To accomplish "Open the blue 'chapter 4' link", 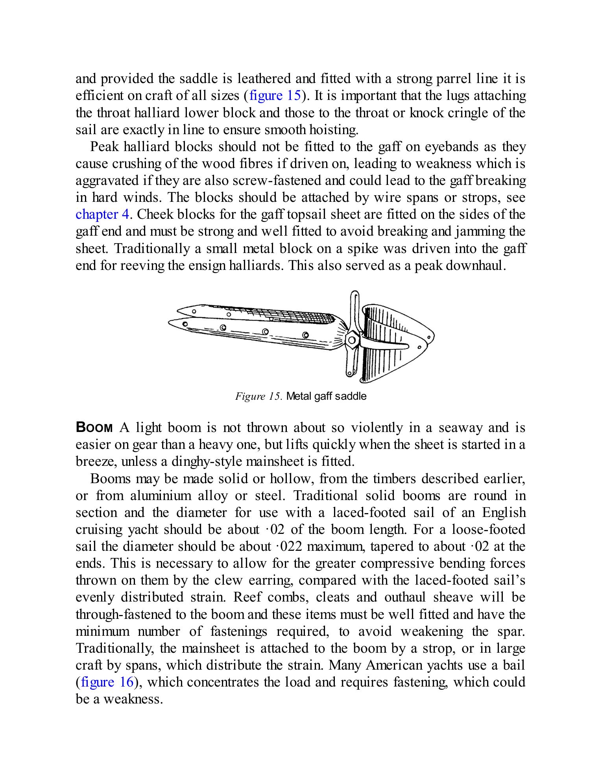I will click(x=102, y=214).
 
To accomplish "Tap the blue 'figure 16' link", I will click(x=107, y=682).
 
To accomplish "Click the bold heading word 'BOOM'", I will click(x=94, y=427).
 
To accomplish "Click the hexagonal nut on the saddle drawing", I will click(x=352, y=339).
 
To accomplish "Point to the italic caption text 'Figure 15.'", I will click(x=259, y=396).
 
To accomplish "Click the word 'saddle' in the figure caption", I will click(x=352, y=396).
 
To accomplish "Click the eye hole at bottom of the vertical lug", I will click(x=349, y=372).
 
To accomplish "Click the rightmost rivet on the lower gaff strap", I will click(x=305, y=335).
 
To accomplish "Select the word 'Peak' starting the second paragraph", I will click(x=104, y=147).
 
